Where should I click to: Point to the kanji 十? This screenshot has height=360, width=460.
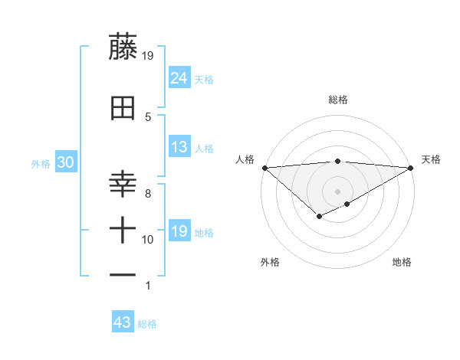123,228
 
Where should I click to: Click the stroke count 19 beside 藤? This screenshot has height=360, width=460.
149,55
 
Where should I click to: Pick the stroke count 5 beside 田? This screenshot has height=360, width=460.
148,116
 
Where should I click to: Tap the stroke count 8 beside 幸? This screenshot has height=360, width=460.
148,194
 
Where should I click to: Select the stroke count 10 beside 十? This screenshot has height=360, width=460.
149,240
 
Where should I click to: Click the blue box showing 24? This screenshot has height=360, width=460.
179,77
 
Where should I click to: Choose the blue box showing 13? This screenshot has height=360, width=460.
179,147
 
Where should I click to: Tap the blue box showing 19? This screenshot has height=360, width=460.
179,231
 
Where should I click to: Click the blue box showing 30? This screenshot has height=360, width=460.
65,163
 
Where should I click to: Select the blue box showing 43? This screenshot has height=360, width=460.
123,323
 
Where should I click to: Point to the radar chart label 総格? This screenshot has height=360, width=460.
337,100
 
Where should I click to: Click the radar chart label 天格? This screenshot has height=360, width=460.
432,159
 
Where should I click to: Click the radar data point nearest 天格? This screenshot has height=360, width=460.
411,167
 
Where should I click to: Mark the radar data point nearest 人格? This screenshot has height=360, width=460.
264,167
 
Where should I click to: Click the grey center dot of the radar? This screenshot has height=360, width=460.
337,191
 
